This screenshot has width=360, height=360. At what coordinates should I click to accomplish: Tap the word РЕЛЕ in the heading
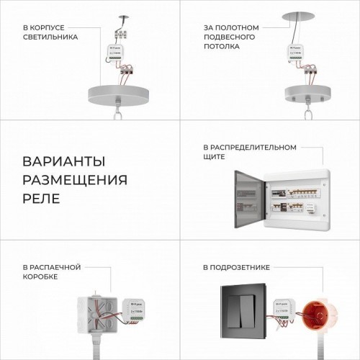[x=42, y=197]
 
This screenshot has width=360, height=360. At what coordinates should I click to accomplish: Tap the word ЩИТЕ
[x=215, y=156]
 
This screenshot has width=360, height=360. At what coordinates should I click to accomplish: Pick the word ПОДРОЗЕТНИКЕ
[x=244, y=267]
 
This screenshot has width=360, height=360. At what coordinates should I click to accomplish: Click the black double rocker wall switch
[x=243, y=315]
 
